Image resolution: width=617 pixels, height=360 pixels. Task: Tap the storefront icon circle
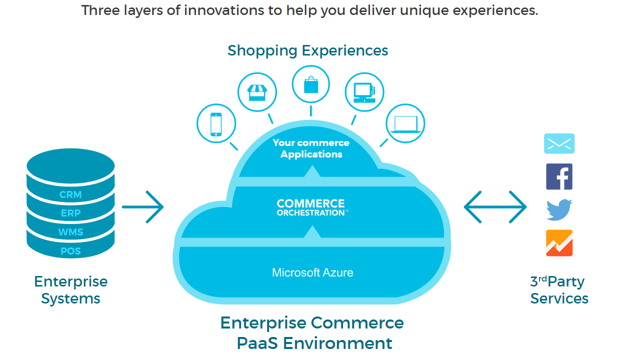[257, 92]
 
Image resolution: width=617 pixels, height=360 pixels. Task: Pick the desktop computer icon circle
[364, 92]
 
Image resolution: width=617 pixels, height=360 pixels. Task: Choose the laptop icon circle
[405, 123]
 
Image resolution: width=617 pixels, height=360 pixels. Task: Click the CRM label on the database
[70, 194]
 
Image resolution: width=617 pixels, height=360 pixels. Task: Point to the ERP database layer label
[70, 213]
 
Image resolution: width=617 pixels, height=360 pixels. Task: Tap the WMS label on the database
[70, 232]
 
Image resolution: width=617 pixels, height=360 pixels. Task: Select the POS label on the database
[70, 251]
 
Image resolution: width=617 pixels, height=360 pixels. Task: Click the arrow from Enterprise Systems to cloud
[143, 206]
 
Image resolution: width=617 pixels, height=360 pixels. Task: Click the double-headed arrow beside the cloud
[495, 206]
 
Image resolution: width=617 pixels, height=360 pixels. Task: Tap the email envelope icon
[559, 143]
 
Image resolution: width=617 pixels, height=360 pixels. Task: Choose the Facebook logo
[559, 176]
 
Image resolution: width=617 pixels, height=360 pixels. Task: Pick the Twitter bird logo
[559, 209]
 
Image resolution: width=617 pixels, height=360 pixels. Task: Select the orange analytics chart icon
[559, 243]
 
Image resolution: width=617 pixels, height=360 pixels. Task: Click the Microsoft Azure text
[312, 273]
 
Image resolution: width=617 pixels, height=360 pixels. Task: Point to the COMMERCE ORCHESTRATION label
[311, 207]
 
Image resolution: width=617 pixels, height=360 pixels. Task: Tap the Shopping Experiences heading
[307, 50]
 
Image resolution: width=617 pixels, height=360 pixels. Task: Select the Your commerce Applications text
[311, 148]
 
